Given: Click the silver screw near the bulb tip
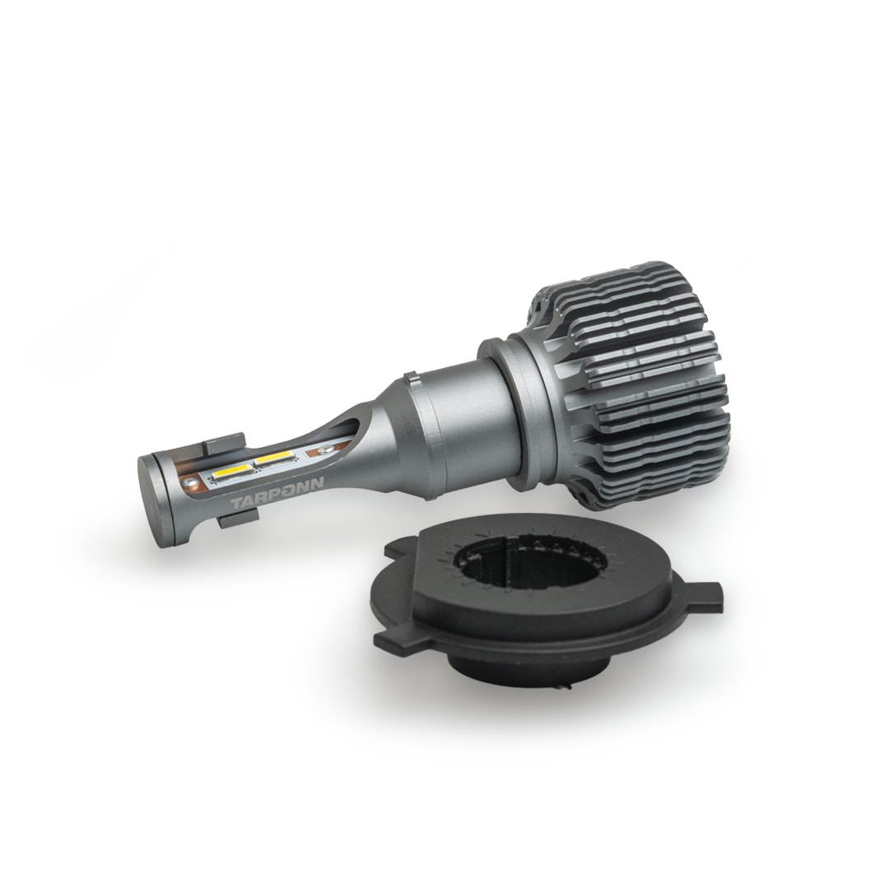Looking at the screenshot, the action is pos(193,482).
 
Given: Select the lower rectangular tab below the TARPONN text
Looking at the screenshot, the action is pos(238,518).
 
